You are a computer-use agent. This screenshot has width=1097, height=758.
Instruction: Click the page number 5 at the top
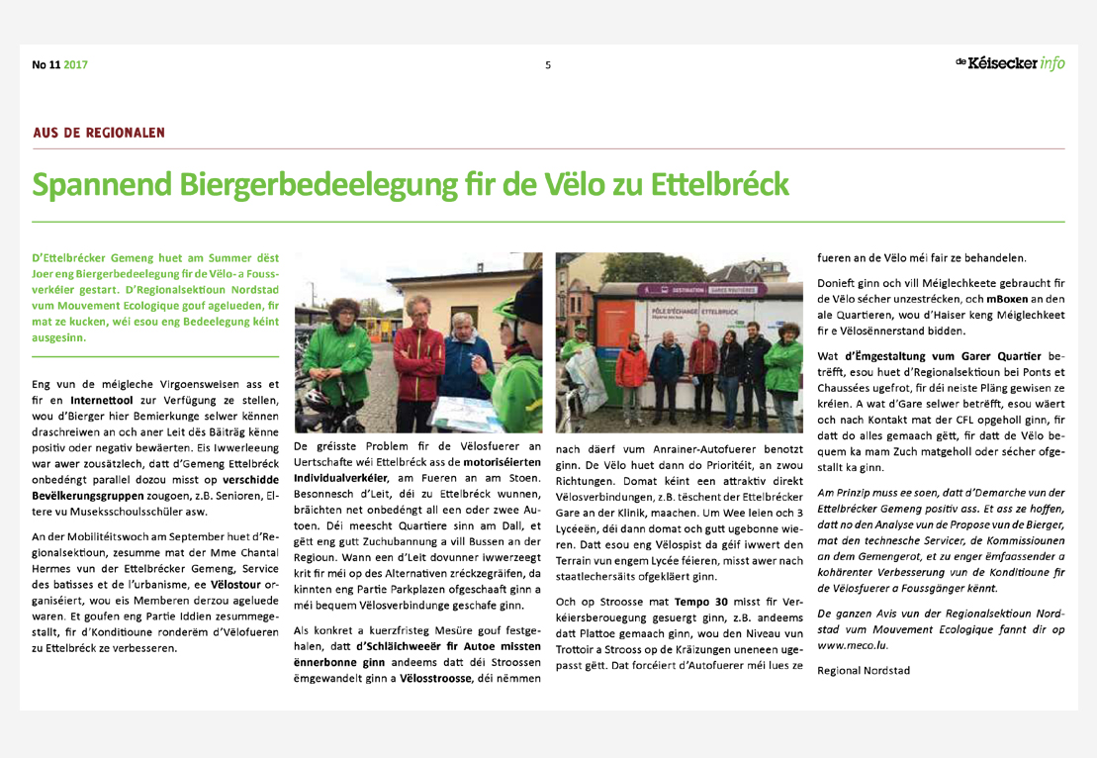click(x=547, y=65)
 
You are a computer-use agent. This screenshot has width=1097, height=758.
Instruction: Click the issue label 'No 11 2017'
click(x=59, y=65)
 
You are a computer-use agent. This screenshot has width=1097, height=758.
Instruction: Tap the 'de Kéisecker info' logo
click(x=1010, y=63)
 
